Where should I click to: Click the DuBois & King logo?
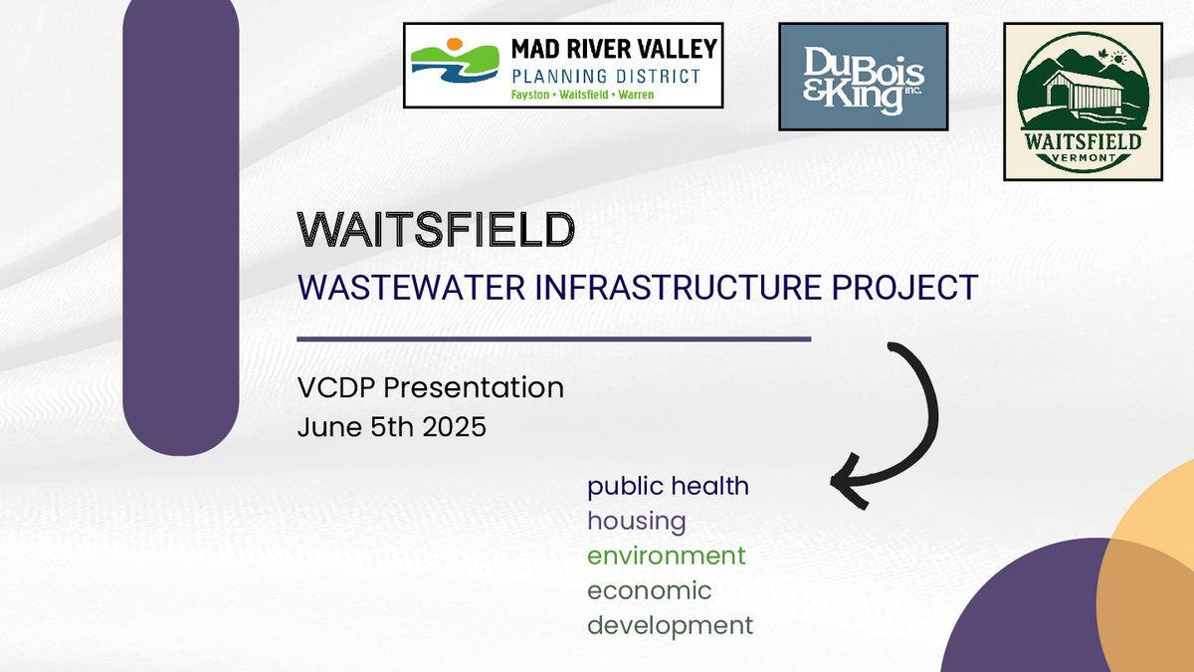pyautogui.click(x=863, y=77)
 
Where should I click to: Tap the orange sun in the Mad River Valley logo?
pyautogui.click(x=454, y=44)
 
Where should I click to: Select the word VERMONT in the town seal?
pyautogui.click(x=1084, y=158)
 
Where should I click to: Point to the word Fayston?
pyautogui.click(x=529, y=95)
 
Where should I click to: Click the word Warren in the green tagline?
pyautogui.click(x=636, y=95)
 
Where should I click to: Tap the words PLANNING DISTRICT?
pyautogui.click(x=606, y=77)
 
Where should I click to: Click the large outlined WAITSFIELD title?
pyautogui.click(x=436, y=230)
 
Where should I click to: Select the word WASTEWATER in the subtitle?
pyautogui.click(x=412, y=288)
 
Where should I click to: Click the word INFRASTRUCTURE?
pyautogui.click(x=678, y=288)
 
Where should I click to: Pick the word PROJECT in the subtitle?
pyautogui.click(x=904, y=288)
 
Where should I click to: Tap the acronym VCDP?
pyautogui.click(x=336, y=387)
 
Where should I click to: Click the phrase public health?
pyautogui.click(x=668, y=487)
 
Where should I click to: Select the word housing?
pyautogui.click(x=637, y=522)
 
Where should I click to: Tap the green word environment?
pyautogui.click(x=667, y=556)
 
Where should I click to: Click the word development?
pyautogui.click(x=670, y=626)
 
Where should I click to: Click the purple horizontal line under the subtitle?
pyautogui.click(x=554, y=339)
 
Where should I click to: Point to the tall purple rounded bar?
pyautogui.click(x=181, y=224)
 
